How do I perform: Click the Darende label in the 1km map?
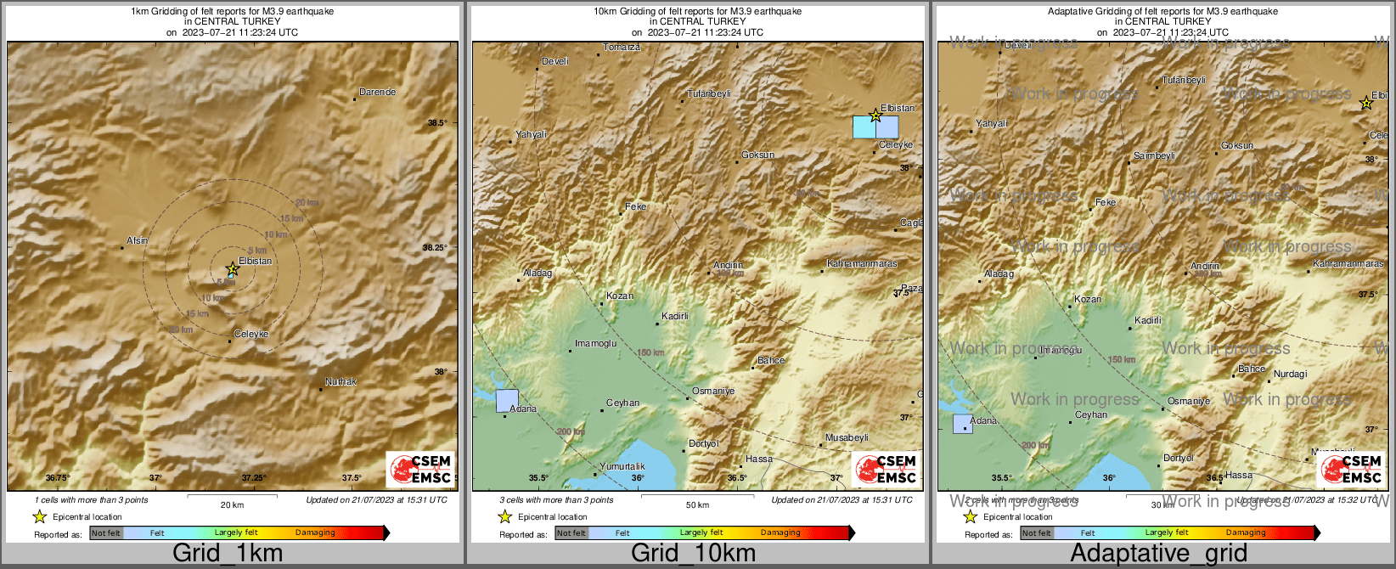coord(377,92)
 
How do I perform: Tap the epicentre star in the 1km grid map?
coord(233,268)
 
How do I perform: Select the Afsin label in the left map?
coord(137,240)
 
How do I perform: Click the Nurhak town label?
coord(341,382)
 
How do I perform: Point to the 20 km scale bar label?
coord(232,504)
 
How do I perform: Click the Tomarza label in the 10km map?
coord(622,48)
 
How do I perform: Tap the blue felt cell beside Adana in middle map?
coord(507,401)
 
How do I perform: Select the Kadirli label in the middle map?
coord(675,316)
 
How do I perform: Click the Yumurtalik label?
coord(622,466)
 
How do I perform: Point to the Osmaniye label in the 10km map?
coord(713,391)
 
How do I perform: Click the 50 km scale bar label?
coord(697,504)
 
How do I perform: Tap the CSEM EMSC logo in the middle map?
coord(886,470)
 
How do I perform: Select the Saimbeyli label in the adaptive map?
coord(1154,155)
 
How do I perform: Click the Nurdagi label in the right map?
coord(1290,374)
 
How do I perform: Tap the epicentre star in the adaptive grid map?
coord(1365,104)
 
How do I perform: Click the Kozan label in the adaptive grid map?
coord(1088,299)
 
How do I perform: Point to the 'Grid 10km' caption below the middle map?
coord(693,554)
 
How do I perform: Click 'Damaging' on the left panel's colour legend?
coord(315,532)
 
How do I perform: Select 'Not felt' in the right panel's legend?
coord(1036,532)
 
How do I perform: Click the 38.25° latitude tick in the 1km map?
coord(435,248)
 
